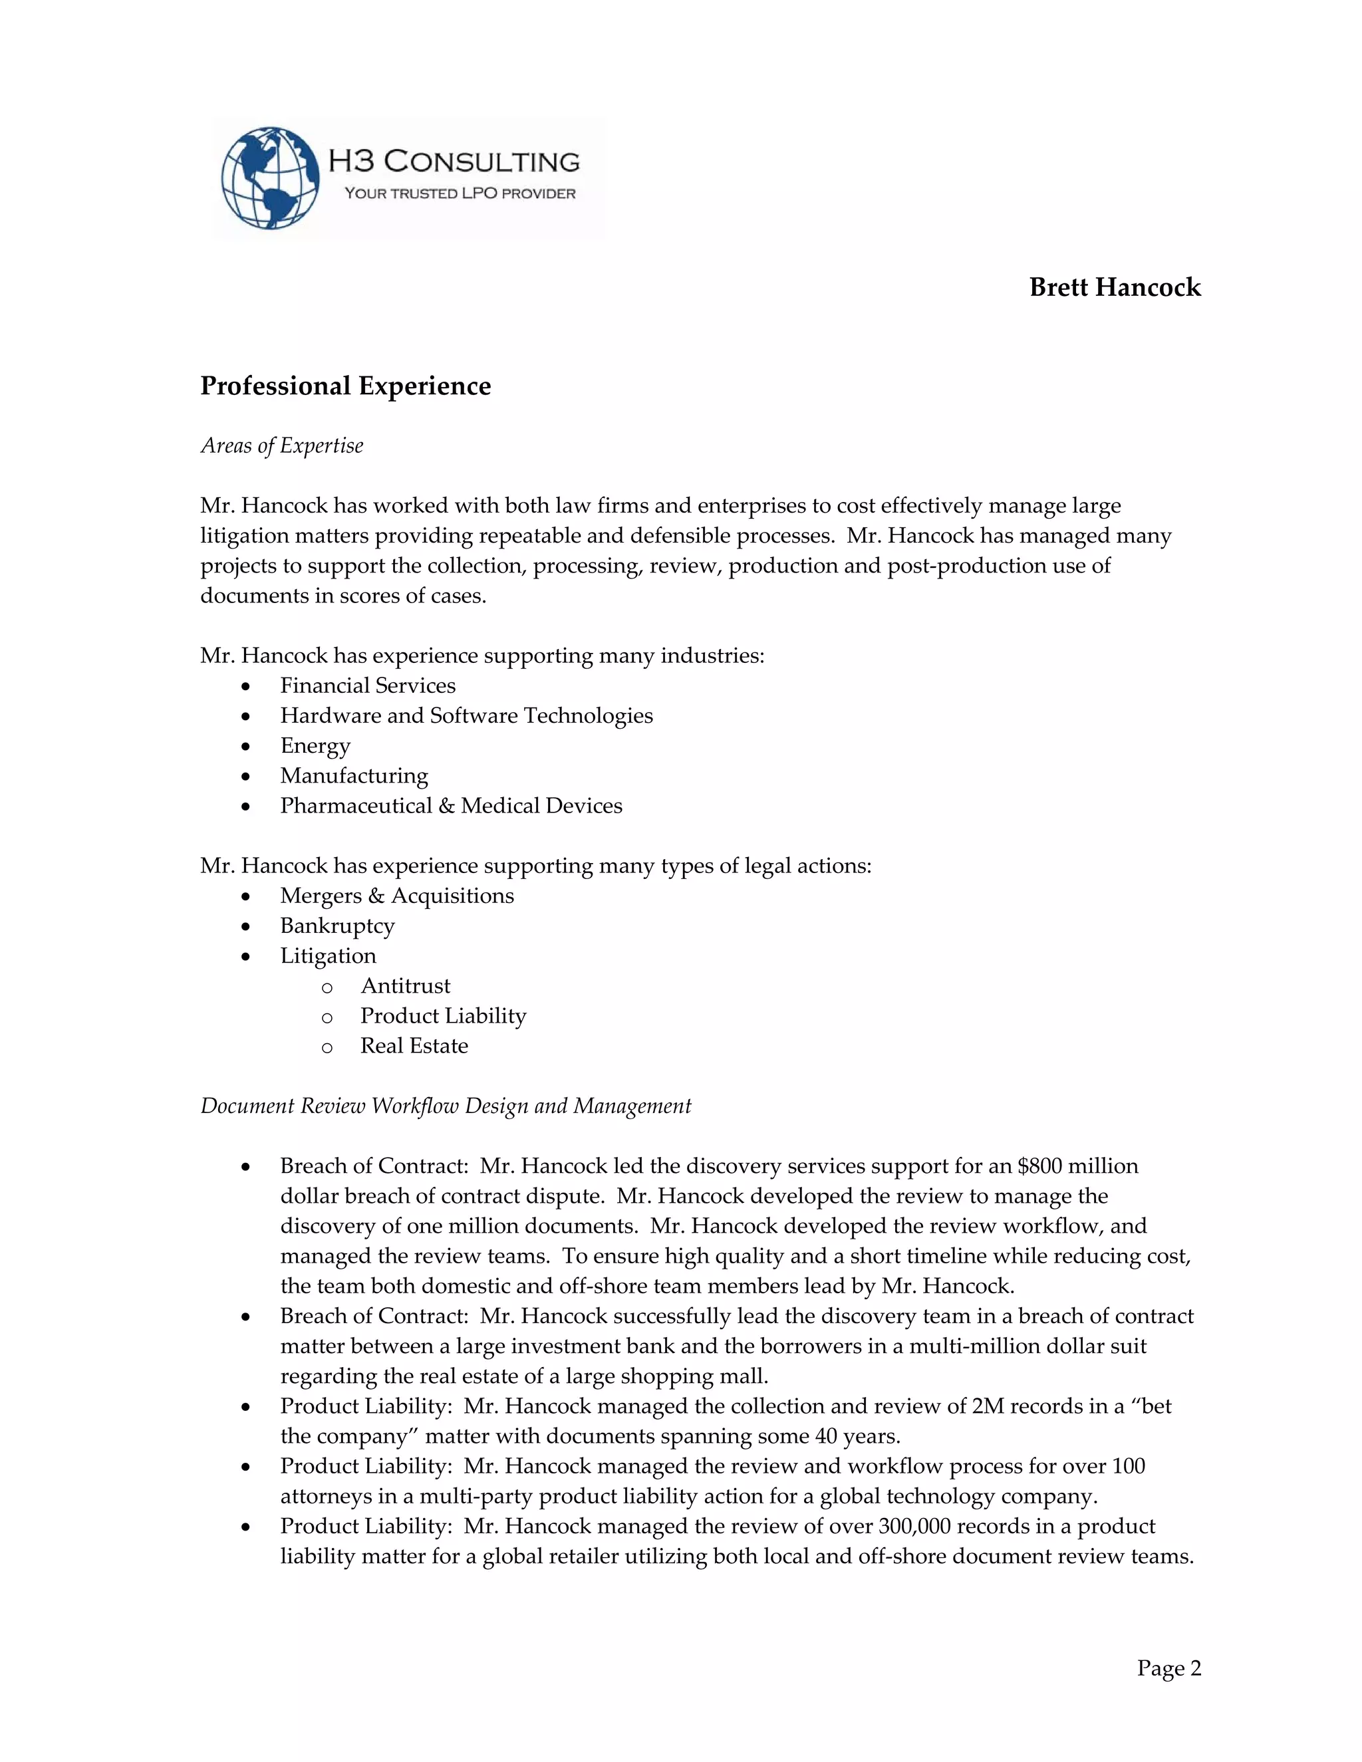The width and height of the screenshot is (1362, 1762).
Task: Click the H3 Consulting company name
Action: (454, 162)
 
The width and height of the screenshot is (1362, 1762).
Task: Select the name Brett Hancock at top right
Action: (1115, 288)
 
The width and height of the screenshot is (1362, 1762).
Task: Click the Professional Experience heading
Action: (345, 386)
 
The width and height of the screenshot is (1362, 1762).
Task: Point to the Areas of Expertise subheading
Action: (281, 446)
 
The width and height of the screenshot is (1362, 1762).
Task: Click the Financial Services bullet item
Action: (367, 686)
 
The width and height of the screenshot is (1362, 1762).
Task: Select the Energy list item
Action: (315, 745)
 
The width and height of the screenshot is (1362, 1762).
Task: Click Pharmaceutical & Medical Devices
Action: (451, 806)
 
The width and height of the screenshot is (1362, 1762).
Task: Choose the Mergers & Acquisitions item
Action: (396, 896)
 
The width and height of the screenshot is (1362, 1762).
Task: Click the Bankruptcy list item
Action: (337, 926)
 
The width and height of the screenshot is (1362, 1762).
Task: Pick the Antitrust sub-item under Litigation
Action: (405, 986)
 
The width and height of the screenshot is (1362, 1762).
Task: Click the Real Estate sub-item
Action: (414, 1046)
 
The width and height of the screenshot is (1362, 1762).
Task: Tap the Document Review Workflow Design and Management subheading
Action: (446, 1106)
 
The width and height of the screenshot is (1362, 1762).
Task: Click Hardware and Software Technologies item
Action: (466, 715)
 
